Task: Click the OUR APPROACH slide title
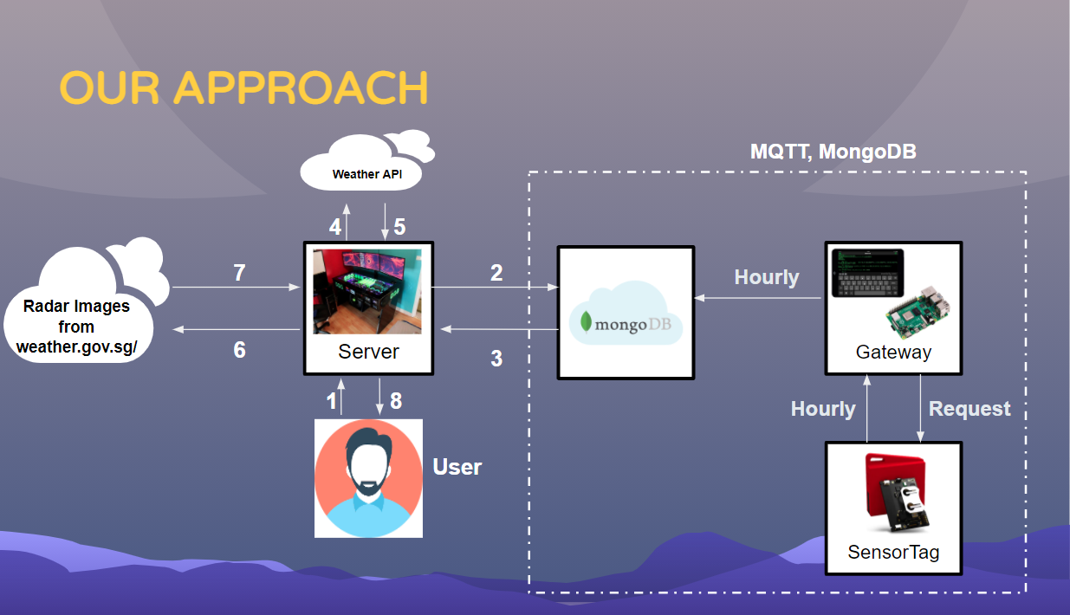pos(243,88)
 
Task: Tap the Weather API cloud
pos(367,173)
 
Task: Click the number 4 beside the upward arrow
pos(335,227)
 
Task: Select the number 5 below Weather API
pos(399,227)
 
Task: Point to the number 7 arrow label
pos(239,273)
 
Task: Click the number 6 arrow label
pos(239,349)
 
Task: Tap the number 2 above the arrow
pos(496,273)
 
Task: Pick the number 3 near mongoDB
pos(496,358)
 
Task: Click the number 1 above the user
pos(330,401)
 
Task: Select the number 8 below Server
pos(396,401)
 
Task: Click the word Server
pos(368,352)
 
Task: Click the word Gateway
pos(893,352)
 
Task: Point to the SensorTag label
pos(893,552)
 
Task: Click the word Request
pos(969,409)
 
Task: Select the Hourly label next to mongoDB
pos(767,277)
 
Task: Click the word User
pos(457,467)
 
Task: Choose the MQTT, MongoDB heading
pos(833,152)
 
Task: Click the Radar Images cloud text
pos(76,327)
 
